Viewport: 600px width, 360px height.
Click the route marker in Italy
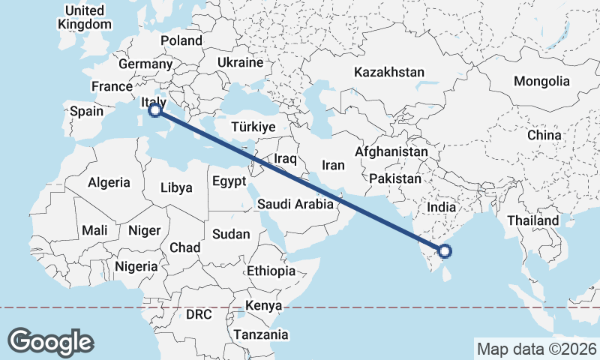[155, 110]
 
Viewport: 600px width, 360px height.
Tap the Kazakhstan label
[389, 73]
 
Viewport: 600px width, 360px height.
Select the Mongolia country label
[541, 81]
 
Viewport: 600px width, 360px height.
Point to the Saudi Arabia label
[295, 203]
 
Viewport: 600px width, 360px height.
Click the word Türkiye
[253, 127]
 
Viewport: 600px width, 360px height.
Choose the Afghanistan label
[391, 151]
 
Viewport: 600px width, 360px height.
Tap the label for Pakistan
[395, 178]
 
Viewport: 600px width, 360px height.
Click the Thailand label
[533, 220]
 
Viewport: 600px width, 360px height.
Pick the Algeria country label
[109, 182]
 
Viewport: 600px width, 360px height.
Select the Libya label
[176, 187]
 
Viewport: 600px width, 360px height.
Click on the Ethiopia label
[271, 271]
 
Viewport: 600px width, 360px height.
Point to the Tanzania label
[259, 334]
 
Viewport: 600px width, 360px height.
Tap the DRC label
[199, 313]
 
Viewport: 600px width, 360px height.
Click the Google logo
[50, 341]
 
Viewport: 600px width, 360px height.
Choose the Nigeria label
[136, 265]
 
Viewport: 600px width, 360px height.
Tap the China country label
[544, 135]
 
